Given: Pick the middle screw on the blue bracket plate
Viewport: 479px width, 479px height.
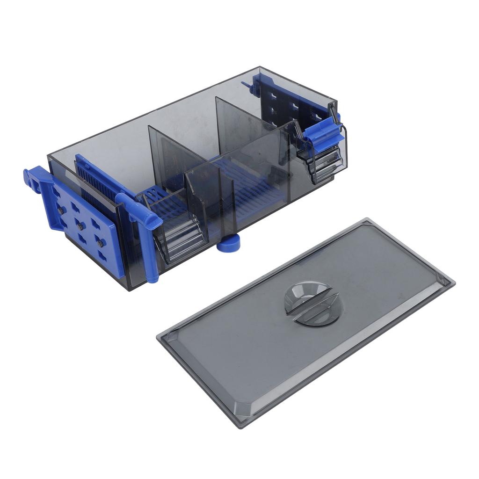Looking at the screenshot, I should (x=80, y=226).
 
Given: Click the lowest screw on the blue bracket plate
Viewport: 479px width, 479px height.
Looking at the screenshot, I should (x=100, y=243).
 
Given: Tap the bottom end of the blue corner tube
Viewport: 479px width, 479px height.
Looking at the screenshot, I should (x=152, y=278).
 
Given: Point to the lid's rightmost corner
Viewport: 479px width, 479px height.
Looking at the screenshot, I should (x=454, y=282).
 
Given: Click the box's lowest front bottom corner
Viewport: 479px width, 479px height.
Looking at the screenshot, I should (x=127, y=290).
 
